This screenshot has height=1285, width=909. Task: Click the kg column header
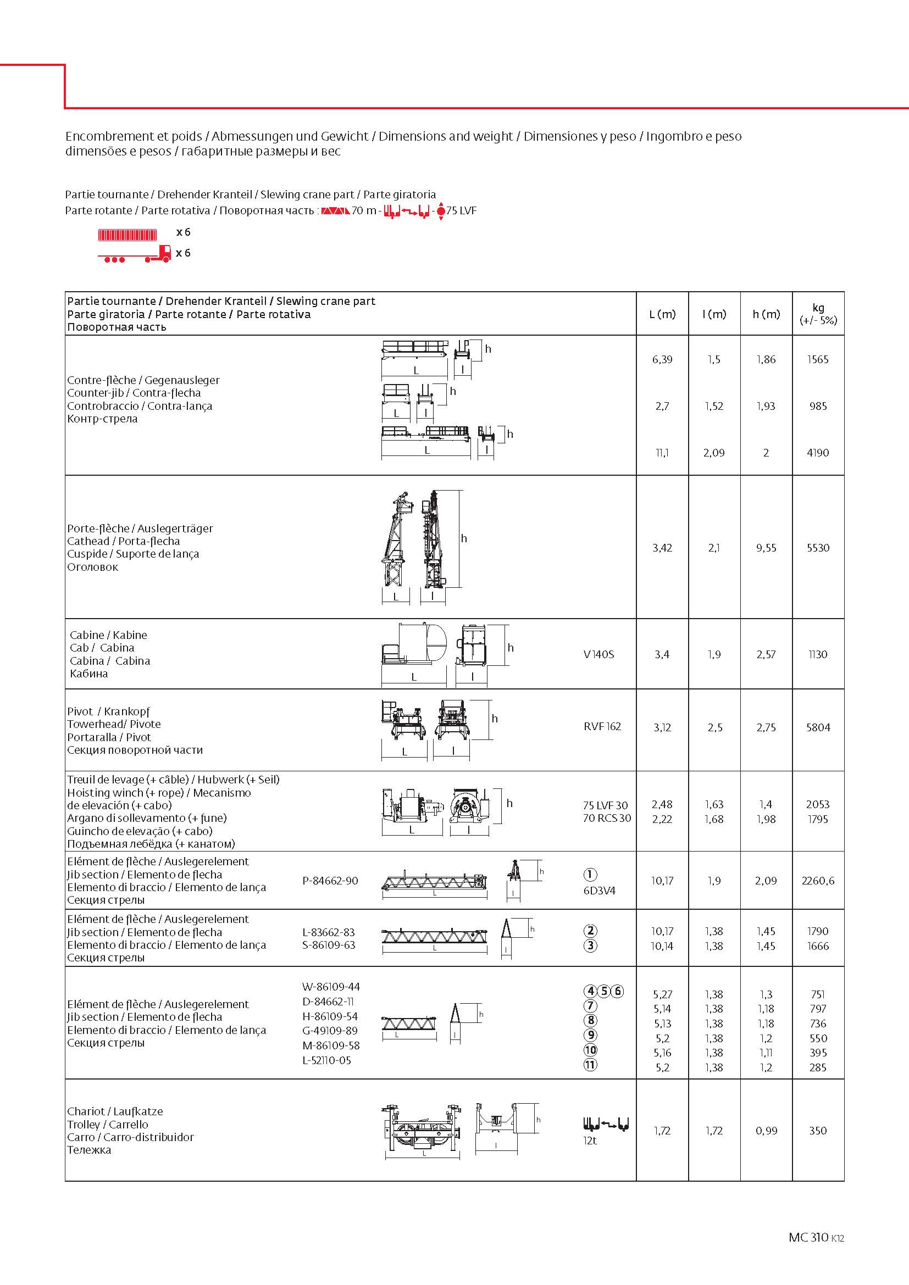point(818,313)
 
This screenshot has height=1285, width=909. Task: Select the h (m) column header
point(766,314)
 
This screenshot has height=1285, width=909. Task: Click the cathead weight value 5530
point(818,547)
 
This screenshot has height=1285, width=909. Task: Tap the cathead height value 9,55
point(766,547)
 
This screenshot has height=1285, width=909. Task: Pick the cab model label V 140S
point(598,654)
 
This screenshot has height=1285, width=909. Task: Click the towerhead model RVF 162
point(602,726)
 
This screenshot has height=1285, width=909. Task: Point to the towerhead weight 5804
point(818,727)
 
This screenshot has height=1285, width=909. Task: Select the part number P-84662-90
point(330,880)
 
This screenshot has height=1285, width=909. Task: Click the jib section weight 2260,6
point(818,880)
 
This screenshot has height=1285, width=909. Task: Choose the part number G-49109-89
point(330,1030)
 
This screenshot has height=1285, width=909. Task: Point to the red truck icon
point(135,254)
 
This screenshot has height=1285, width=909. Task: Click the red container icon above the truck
point(128,234)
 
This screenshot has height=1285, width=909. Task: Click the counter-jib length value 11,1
point(662,452)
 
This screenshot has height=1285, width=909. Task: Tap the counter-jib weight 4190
point(818,452)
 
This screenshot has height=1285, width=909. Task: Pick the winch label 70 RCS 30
point(607,817)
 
